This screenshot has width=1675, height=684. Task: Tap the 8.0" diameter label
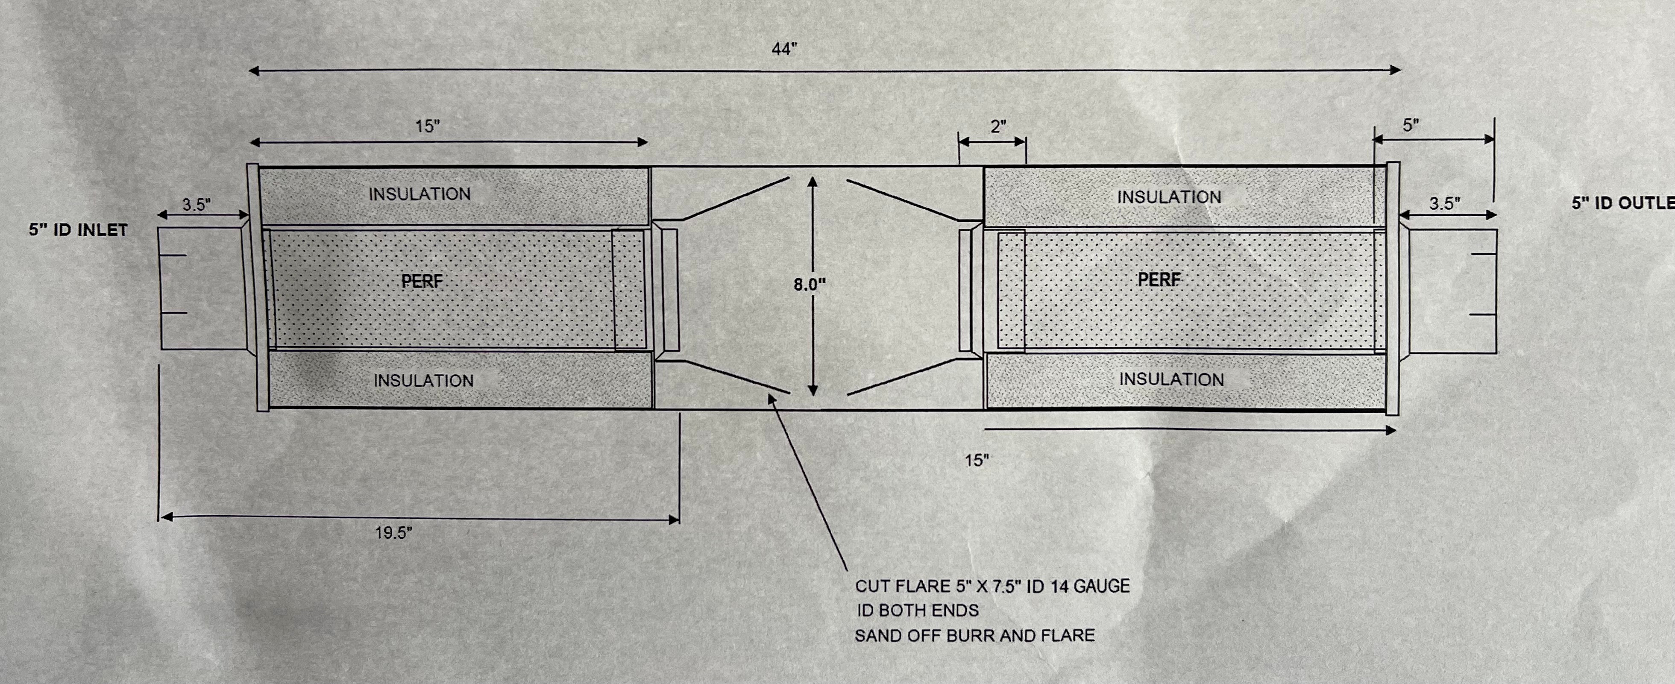coord(809,285)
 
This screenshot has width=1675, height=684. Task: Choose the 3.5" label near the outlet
coord(1445,203)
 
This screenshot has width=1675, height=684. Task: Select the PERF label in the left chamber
coord(422,282)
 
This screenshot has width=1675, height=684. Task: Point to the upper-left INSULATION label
coord(420,194)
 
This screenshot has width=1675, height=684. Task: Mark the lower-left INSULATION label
coord(424,380)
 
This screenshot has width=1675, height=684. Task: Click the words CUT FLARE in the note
coord(903,587)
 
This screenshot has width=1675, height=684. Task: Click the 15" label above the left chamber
coord(427,126)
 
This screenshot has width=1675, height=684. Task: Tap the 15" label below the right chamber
coord(977,460)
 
